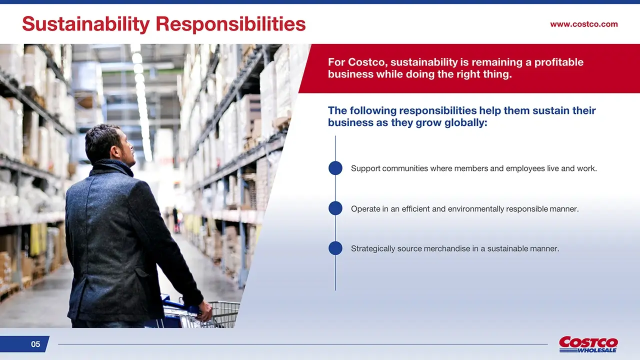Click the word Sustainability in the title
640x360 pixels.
(x=86, y=24)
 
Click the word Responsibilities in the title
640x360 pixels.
(x=231, y=24)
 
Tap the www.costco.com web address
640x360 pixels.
(x=584, y=24)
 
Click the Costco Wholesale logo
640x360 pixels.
(x=588, y=344)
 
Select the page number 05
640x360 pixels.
(x=35, y=344)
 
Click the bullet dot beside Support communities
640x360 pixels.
(x=335, y=168)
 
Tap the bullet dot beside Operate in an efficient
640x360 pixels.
(x=335, y=208)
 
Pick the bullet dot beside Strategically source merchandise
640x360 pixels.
(x=335, y=248)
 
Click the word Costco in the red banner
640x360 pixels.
(x=367, y=62)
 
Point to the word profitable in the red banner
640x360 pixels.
(x=559, y=62)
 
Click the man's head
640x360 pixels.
(x=110, y=145)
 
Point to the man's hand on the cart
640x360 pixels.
(x=204, y=311)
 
